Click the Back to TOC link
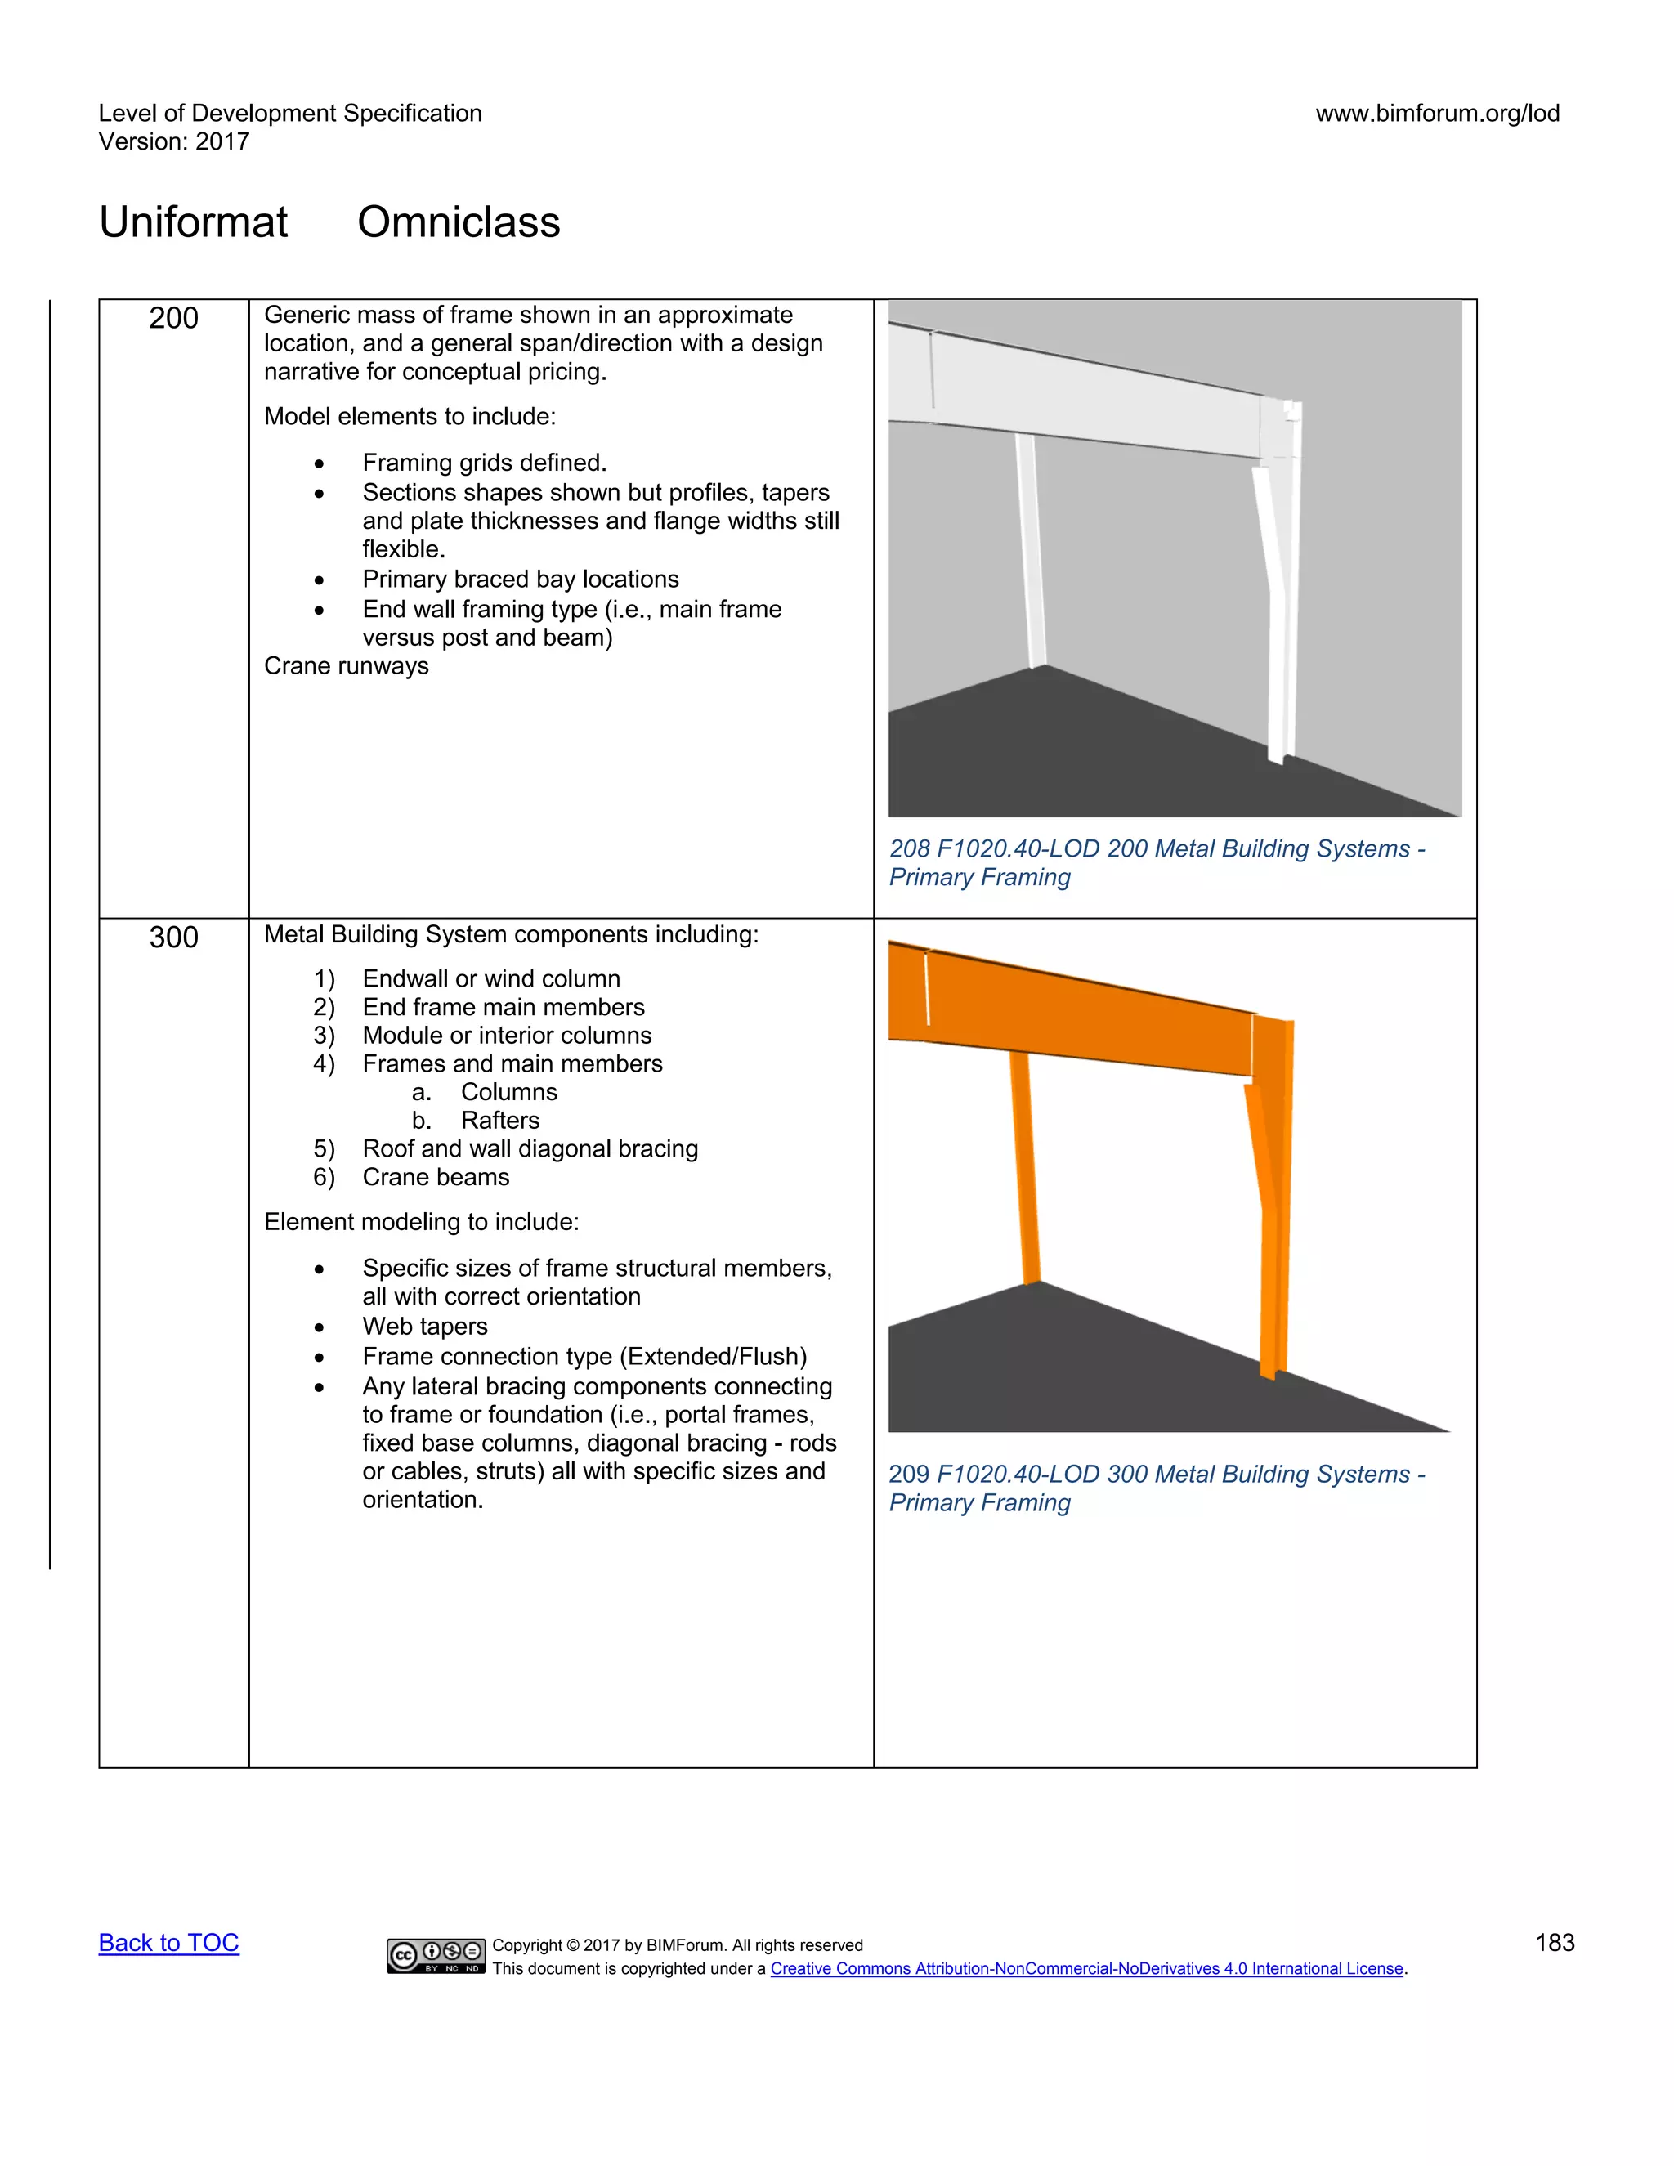[168, 1943]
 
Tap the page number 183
[1554, 1943]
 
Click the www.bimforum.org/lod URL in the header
[1437, 113]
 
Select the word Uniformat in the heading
[194, 222]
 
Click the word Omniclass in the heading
[459, 222]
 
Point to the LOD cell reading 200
[173, 318]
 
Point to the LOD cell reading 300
[173, 938]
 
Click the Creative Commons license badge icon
[436, 1956]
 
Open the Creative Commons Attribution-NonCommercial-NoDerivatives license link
[1087, 1969]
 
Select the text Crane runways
[346, 665]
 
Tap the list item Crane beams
[436, 1177]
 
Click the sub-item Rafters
[499, 1121]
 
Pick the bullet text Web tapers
[424, 1327]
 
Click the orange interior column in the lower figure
[1026, 1170]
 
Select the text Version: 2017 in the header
[173, 142]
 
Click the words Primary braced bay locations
[520, 580]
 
